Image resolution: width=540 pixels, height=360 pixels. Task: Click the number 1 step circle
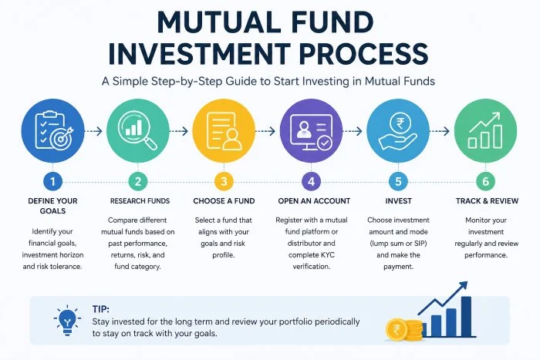(x=52, y=181)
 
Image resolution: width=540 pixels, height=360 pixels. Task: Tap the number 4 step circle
(x=312, y=181)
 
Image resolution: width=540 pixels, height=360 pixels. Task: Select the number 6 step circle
(x=485, y=181)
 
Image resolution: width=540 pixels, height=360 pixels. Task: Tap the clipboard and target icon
(x=52, y=131)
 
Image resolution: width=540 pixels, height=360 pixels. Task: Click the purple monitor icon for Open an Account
(x=312, y=131)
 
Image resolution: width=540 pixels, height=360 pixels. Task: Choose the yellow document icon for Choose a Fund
(x=224, y=131)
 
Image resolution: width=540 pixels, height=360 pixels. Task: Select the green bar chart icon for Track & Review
(x=485, y=131)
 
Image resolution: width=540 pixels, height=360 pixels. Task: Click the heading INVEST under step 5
(x=399, y=201)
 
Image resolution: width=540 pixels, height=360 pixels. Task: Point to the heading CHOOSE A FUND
(x=224, y=201)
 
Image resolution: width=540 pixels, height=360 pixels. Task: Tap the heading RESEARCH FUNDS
(x=140, y=201)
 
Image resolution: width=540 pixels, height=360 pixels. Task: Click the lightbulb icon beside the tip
(x=68, y=320)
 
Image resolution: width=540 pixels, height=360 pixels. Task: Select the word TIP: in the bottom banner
(x=100, y=309)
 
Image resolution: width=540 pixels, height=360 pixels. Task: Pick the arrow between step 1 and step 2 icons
(x=93, y=131)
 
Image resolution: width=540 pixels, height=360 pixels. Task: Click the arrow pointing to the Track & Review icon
(x=440, y=131)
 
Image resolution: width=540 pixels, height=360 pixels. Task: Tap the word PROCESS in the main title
(x=363, y=54)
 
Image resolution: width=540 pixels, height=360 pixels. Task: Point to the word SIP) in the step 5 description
(x=418, y=244)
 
